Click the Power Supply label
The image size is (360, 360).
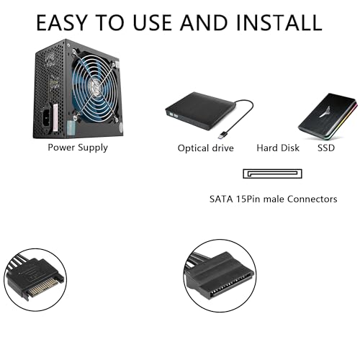(78, 148)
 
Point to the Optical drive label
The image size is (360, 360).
(205, 148)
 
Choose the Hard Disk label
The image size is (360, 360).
(277, 148)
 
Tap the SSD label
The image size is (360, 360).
(326, 148)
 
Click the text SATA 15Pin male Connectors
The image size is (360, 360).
(273, 199)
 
